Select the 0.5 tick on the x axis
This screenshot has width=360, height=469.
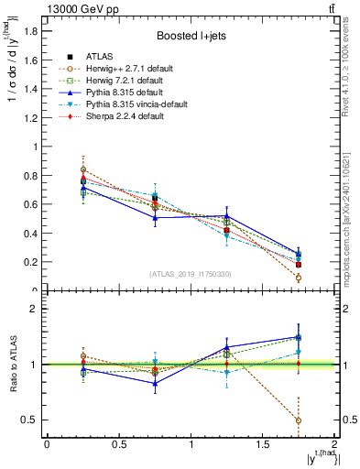[118, 444]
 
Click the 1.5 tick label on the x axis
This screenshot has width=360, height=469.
[262, 444]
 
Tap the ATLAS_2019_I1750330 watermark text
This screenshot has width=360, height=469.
[191, 275]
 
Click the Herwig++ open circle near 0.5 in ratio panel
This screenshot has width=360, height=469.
[299, 420]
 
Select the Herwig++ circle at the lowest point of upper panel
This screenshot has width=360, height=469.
[299, 278]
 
